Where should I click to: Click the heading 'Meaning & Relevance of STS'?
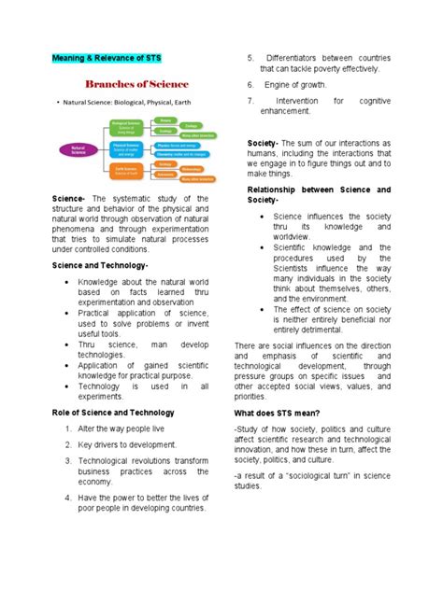(x=111, y=59)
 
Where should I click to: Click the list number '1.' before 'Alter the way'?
(x=70, y=428)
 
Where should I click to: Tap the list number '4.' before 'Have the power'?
(x=70, y=499)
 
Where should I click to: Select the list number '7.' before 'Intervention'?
(x=250, y=100)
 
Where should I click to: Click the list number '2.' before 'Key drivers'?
(x=70, y=446)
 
